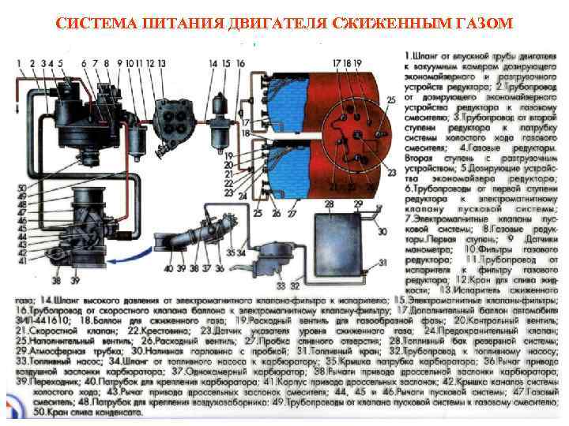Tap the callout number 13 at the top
click(162, 62)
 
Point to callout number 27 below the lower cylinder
click(292, 214)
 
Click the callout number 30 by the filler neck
click(382, 231)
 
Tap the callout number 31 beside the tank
click(382, 263)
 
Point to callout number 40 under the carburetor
click(168, 269)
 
